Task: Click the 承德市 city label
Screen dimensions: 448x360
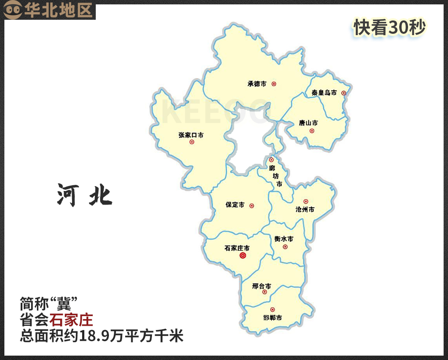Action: (x=257, y=84)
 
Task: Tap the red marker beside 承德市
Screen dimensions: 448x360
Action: (x=274, y=84)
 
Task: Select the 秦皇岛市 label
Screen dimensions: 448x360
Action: (x=324, y=93)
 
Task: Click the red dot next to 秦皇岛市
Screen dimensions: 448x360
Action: (x=343, y=93)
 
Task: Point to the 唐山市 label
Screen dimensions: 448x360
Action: (x=308, y=123)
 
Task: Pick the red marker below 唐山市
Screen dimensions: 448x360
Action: (x=312, y=131)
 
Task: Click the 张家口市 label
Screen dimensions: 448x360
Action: (x=191, y=135)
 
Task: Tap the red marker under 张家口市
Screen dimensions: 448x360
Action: (x=192, y=142)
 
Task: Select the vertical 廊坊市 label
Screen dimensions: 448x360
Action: (x=276, y=176)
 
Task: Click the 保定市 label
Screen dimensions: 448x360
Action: (x=235, y=205)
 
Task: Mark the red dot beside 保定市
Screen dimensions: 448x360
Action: (x=252, y=205)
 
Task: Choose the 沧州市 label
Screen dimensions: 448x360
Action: (x=305, y=209)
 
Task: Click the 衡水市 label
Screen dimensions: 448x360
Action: (x=284, y=239)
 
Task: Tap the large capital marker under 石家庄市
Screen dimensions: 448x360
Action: (x=243, y=256)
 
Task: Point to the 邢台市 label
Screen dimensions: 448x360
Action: (x=262, y=286)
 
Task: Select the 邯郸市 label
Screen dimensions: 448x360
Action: (x=272, y=317)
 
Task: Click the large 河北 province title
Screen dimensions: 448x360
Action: (x=85, y=195)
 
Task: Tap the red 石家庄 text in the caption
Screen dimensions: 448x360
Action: (x=71, y=319)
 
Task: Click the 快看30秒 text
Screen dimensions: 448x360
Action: (x=390, y=28)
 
